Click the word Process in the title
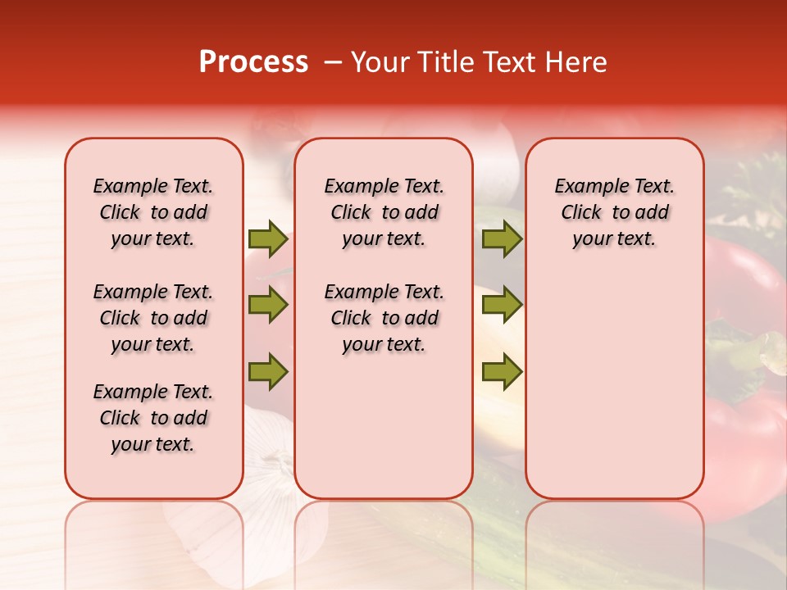253,62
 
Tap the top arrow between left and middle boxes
268,239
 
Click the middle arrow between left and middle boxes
268,306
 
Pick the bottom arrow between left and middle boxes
268,372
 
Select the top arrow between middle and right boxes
502,239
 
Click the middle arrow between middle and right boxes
502,306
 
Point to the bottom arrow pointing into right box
502,372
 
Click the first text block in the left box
153,212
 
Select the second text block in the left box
153,318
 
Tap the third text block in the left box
153,418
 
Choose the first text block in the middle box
384,212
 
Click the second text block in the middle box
384,318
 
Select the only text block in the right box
614,212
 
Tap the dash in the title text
333,62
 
